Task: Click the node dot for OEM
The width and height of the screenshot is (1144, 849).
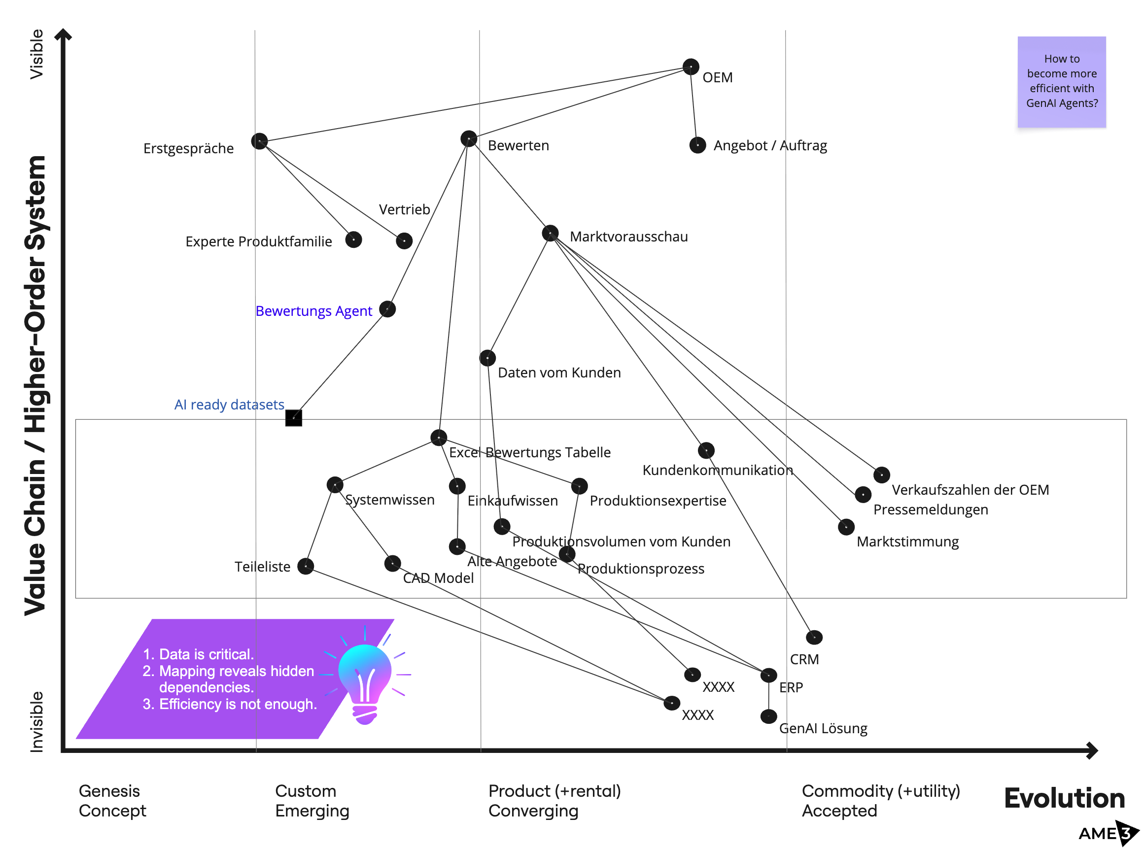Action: click(691, 67)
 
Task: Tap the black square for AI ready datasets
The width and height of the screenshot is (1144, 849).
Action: click(293, 418)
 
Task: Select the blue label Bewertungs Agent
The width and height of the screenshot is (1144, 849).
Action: click(313, 311)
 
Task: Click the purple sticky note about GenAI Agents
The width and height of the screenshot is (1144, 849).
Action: click(1061, 82)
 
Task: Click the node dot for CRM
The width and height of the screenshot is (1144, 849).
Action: click(814, 638)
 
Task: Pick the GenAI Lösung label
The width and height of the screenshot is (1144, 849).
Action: click(823, 728)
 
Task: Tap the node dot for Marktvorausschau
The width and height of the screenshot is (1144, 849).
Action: click(551, 234)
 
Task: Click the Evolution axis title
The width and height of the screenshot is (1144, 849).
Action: click(1064, 798)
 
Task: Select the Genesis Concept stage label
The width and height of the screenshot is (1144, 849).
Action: click(112, 801)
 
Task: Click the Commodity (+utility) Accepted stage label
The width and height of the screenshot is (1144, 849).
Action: click(880, 801)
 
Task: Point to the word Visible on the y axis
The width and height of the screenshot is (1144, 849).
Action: click(36, 54)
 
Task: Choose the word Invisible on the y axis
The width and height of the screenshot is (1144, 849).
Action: click(36, 722)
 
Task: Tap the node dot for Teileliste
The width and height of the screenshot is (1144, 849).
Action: click(306, 566)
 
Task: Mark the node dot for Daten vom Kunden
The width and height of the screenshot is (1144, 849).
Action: click(487, 358)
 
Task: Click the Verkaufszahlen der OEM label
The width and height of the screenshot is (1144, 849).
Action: click(970, 490)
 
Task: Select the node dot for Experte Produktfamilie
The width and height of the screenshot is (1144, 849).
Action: click(353, 239)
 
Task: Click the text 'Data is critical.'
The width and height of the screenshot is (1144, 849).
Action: click(206, 654)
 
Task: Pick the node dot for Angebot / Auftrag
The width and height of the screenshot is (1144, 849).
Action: click(697, 145)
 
